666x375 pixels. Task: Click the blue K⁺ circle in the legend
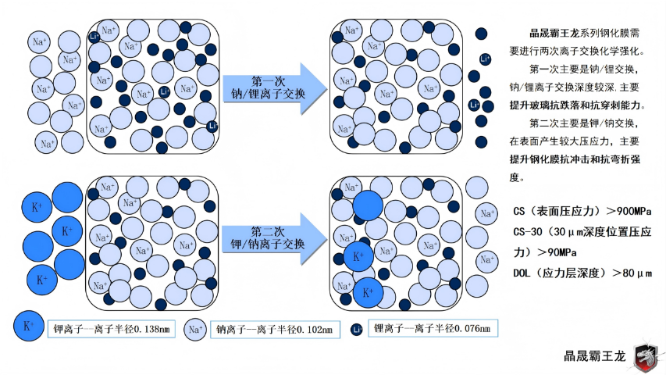point(29,327)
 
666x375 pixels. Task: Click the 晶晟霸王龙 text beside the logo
point(595,355)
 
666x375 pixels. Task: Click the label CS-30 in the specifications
point(528,232)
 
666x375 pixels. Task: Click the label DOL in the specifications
point(522,273)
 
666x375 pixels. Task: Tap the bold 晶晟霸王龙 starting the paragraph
point(550,34)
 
